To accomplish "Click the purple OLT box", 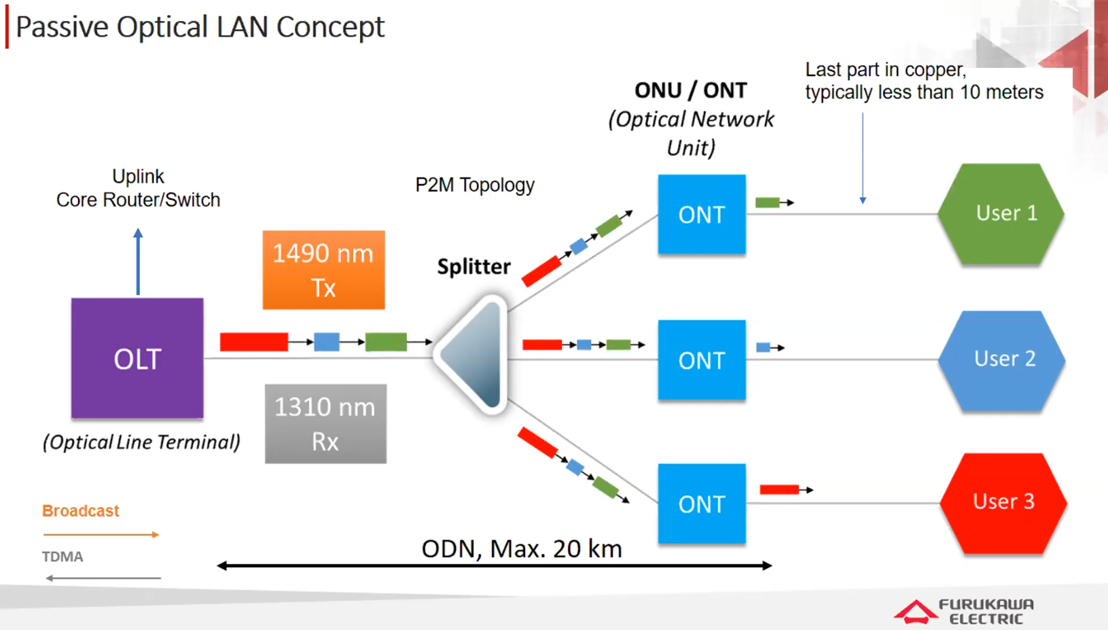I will [x=137, y=358].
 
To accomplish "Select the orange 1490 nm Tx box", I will [x=323, y=270].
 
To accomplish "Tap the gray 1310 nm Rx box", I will [x=325, y=424].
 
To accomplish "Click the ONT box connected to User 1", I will [x=702, y=215].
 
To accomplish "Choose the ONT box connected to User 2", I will [x=702, y=360].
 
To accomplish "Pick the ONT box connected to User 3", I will [x=702, y=504].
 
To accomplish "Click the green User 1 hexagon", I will [x=1001, y=213].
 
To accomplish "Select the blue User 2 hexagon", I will [x=1001, y=360].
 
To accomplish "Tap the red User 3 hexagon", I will [x=1003, y=502].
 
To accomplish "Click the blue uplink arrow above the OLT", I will [x=138, y=262].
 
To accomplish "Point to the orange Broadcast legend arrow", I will [x=101, y=535].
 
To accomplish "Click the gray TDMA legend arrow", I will [x=103, y=578].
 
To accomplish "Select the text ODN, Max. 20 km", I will [x=521, y=548].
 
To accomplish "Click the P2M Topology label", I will [x=475, y=185].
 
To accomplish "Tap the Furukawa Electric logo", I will [x=965, y=611].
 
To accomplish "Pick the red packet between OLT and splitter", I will [x=254, y=341].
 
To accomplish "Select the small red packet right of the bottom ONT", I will [x=779, y=489].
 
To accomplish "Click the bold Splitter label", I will [x=473, y=266].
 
